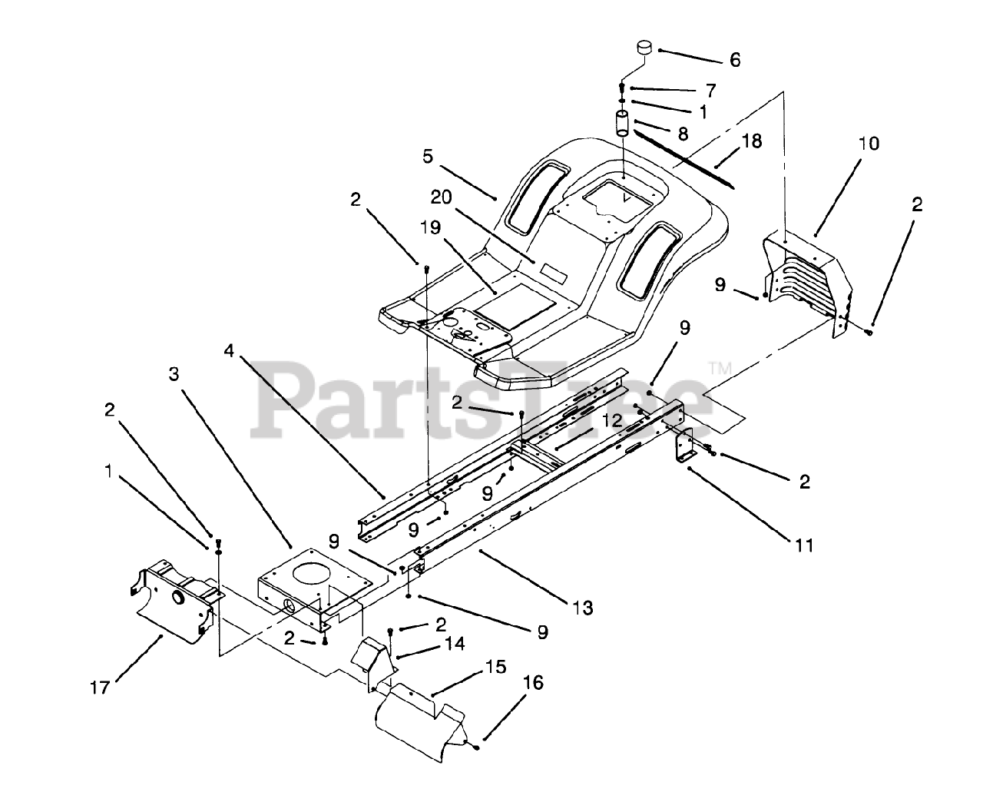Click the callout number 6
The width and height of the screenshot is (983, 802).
click(735, 60)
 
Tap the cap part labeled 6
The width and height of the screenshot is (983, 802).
click(644, 49)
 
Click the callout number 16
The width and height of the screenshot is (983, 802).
click(532, 681)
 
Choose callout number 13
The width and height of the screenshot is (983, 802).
click(582, 608)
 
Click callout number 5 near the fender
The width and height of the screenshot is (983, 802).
click(429, 157)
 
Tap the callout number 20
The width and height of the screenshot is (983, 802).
click(440, 197)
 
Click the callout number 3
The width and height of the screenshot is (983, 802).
click(174, 374)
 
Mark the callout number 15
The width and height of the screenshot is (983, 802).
click(495, 667)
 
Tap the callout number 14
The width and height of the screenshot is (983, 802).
click(454, 643)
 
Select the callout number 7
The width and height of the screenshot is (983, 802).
click(710, 90)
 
